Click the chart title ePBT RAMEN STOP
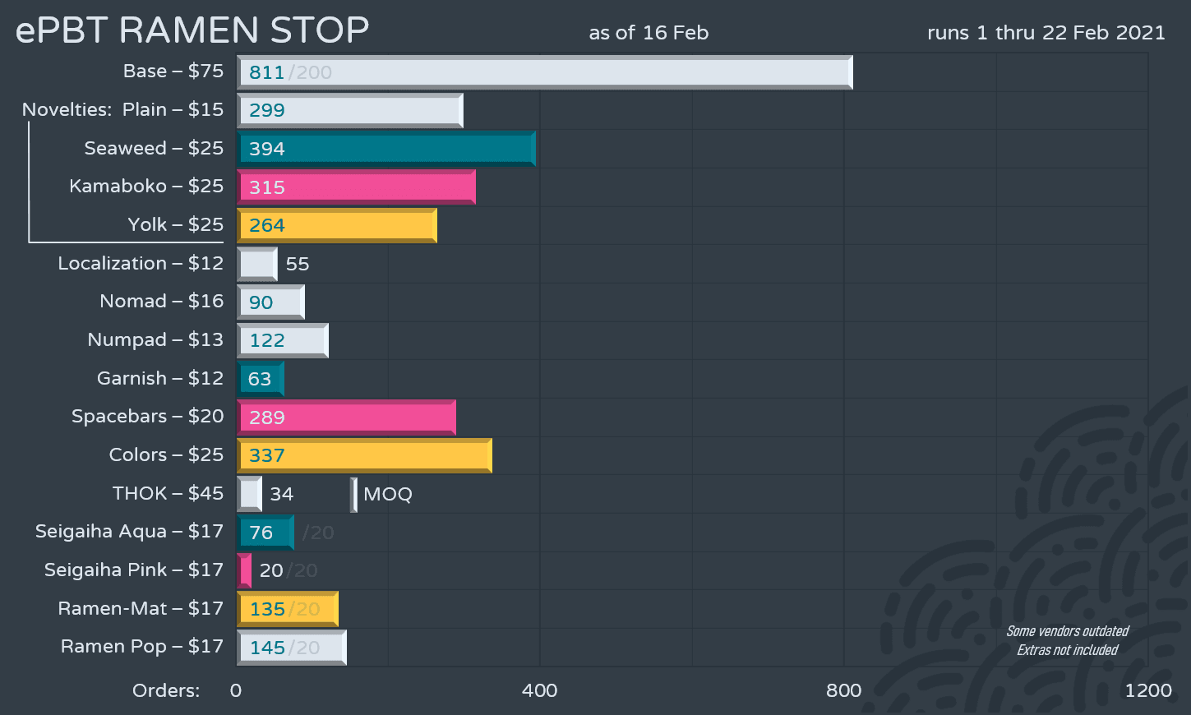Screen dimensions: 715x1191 point(192,30)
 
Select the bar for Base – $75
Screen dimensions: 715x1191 point(544,72)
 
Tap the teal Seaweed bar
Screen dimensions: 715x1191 point(386,149)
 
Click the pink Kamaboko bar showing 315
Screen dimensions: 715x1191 point(356,187)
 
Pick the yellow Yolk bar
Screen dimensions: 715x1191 point(337,225)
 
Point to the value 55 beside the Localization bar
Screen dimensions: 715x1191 point(298,264)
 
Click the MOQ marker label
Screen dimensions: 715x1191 point(387,494)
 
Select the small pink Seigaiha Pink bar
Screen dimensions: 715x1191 point(244,570)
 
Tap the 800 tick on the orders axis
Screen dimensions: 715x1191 point(843,690)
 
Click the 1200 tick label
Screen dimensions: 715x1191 point(1147,690)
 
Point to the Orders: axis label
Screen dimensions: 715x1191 point(166,690)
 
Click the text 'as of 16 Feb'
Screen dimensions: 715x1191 point(649,33)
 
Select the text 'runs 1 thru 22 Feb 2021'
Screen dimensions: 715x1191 point(1046,33)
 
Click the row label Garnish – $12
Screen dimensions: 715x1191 point(160,378)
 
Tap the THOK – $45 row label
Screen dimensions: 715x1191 point(168,493)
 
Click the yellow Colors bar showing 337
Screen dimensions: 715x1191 point(364,455)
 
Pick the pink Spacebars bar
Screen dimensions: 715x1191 point(346,417)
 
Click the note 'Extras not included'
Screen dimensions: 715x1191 point(1067,650)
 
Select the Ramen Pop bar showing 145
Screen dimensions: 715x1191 point(292,648)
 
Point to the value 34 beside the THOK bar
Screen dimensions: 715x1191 point(281,494)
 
